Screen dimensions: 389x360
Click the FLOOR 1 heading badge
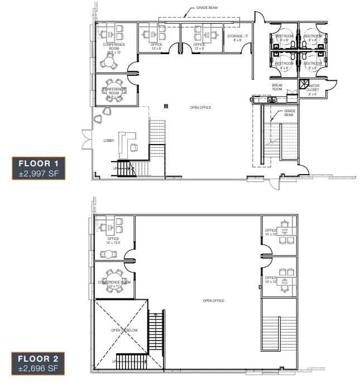[39, 163]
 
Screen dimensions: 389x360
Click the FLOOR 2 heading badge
[39, 358]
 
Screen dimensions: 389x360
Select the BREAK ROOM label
[277, 87]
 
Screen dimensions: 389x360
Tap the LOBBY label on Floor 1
[108, 140]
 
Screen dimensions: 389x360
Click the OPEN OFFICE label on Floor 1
[200, 107]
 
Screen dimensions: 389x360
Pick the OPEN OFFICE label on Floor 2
[213, 300]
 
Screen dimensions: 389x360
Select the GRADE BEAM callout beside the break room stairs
[289, 113]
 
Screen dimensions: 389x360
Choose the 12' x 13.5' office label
[113, 241]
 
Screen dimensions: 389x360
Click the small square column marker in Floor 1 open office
[165, 105]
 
